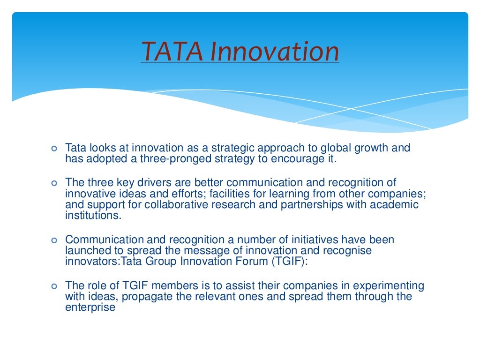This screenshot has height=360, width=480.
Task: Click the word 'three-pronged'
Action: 165,158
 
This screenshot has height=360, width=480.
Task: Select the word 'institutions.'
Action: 93,216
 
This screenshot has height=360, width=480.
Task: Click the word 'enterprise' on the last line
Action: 90,308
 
